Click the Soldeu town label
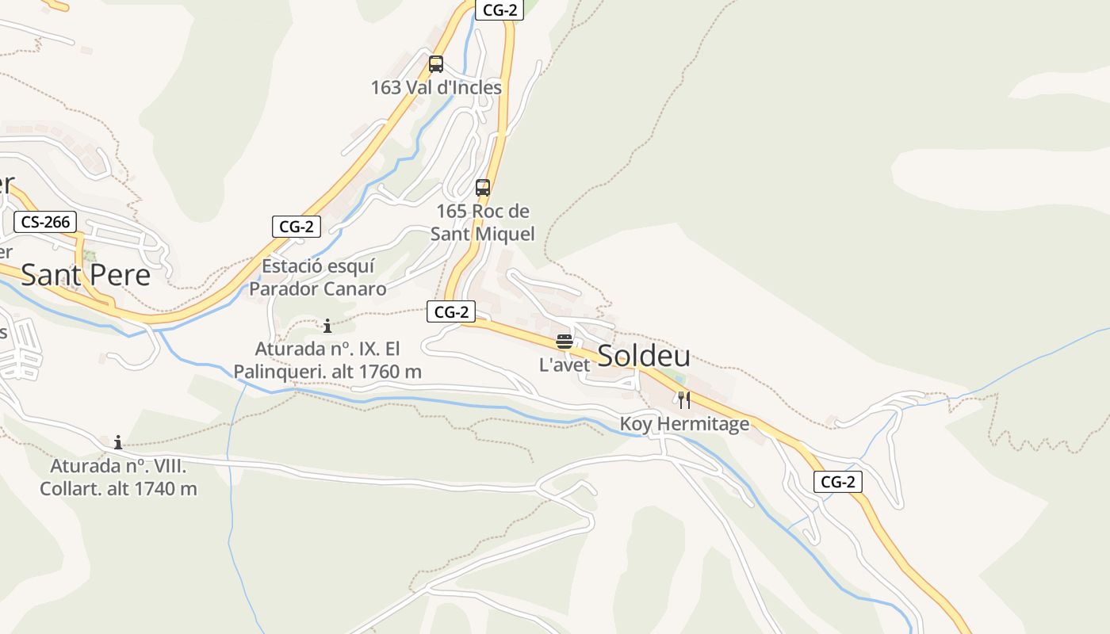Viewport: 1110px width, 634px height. point(643,356)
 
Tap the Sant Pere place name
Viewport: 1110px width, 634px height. point(86,274)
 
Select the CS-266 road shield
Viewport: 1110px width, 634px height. point(45,222)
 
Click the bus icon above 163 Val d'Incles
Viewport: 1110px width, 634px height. point(435,64)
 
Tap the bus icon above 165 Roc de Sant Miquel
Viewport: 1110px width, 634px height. point(482,188)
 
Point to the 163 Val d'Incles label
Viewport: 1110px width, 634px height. point(436,87)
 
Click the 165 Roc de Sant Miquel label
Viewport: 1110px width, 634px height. point(482,223)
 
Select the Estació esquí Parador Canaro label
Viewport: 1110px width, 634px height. point(318,277)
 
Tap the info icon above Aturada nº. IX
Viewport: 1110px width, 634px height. point(327,326)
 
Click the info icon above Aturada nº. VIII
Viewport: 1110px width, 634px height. point(118,442)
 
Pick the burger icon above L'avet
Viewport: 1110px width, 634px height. point(565,342)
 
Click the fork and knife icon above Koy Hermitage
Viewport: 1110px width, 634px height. point(684,400)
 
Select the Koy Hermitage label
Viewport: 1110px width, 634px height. point(684,424)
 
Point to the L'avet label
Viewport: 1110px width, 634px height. point(565,365)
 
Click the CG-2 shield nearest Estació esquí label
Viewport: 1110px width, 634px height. point(297,226)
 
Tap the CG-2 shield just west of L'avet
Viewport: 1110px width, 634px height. point(451,311)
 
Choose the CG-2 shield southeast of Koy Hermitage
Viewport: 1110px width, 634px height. point(838,481)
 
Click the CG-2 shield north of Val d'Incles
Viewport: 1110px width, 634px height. point(499,10)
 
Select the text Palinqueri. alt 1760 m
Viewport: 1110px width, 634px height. point(327,371)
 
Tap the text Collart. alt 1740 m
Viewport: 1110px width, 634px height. point(118,488)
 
